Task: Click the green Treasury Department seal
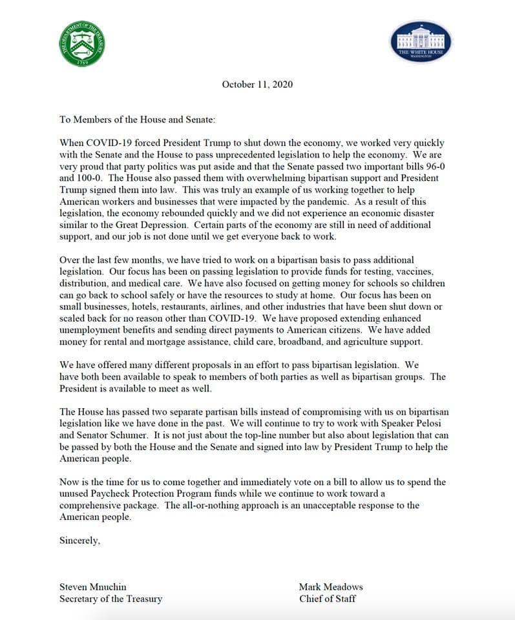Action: pos(82,45)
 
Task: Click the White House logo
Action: pos(424,43)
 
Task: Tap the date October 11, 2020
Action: pos(257,84)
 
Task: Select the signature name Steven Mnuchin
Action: pos(93,587)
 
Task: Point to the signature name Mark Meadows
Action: pos(331,587)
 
